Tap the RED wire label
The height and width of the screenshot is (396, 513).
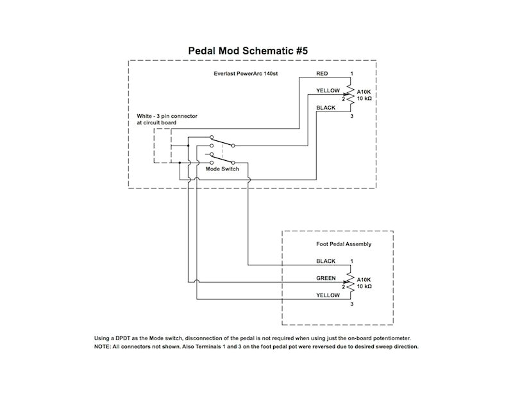tap(323, 74)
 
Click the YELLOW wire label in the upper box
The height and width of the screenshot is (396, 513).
tap(328, 91)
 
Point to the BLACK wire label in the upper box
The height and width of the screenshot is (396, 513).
tap(326, 108)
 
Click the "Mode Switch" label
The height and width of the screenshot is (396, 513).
tap(222, 169)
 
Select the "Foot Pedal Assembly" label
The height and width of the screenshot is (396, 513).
tap(344, 244)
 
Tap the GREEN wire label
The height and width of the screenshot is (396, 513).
tap(326, 279)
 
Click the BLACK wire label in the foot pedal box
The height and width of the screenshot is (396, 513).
tap(326, 261)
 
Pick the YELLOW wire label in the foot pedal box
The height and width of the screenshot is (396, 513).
tap(328, 295)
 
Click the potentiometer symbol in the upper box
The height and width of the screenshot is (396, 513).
tap(350, 95)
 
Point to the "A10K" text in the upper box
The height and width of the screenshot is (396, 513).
tap(364, 92)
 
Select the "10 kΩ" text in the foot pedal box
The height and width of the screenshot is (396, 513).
tap(364, 286)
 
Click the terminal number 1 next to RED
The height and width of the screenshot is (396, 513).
tap(351, 74)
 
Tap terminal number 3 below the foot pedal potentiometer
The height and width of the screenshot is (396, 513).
tap(351, 304)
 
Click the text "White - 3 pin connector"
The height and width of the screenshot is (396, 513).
tap(167, 116)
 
